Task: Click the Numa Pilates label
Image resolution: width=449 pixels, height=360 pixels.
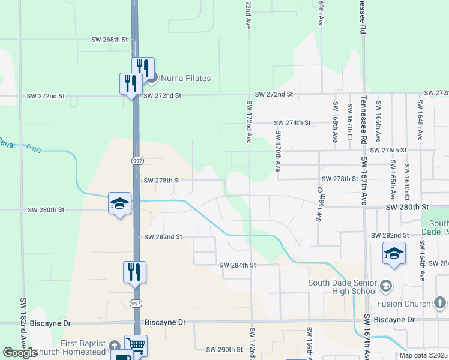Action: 184,77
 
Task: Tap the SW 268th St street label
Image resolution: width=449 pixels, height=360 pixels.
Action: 110,40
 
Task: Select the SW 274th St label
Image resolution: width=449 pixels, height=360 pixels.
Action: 292,123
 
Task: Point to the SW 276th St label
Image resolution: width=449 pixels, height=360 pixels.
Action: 388,150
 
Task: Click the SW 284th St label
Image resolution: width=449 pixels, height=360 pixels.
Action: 238,265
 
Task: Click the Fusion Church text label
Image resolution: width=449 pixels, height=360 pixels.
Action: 400,304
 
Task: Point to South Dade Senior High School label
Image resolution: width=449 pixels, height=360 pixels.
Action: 342,287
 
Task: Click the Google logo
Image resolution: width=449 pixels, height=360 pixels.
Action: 20,353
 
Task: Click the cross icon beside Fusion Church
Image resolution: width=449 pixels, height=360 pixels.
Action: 439,302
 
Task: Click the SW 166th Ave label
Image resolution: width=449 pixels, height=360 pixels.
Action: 378,121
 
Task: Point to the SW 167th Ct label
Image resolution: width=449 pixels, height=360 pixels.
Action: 349,122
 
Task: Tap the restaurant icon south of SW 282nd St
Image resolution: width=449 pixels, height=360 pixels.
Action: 135,272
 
